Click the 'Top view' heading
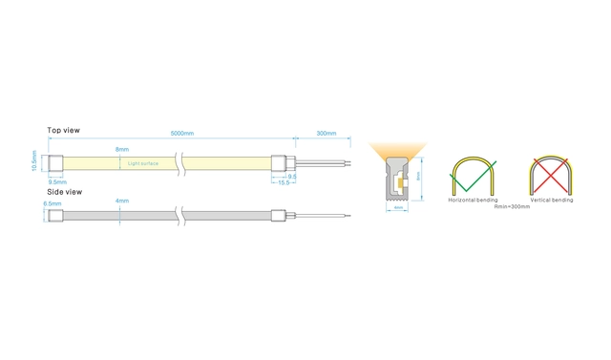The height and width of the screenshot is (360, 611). coord(63,130)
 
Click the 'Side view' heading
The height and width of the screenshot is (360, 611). coord(64,191)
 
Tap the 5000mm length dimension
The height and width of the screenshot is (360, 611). coord(182,134)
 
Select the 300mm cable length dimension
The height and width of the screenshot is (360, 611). coord(326,134)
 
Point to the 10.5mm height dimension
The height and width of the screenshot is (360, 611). coord(34,163)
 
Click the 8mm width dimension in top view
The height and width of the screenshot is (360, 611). coord(122,150)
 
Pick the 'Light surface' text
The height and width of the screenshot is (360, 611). coord(144,164)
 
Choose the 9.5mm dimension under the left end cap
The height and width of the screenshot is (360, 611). coord(57,181)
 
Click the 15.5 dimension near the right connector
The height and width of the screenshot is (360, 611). coord(284,182)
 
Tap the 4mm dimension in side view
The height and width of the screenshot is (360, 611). coord(121,201)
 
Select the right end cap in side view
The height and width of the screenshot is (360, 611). coord(280,215)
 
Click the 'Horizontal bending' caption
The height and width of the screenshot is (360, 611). coord(471,201)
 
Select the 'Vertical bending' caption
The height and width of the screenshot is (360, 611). coord(551,201)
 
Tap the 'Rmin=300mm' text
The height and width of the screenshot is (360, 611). coord(511,206)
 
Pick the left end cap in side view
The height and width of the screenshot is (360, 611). coord(56,215)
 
